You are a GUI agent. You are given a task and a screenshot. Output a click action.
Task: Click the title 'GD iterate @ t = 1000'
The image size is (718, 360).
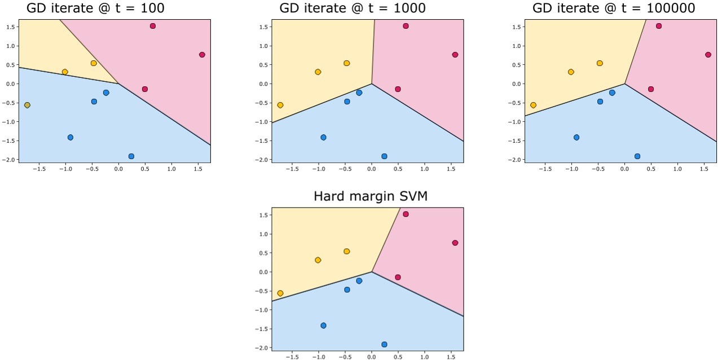[x=353, y=8]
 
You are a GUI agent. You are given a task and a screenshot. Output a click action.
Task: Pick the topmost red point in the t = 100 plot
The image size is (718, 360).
[x=153, y=26]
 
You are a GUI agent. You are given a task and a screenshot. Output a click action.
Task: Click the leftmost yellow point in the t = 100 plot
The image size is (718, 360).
[x=27, y=105]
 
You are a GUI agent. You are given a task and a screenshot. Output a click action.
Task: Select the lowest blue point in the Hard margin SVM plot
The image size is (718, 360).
[x=384, y=344]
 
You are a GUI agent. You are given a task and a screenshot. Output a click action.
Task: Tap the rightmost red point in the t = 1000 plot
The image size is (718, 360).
[x=455, y=55]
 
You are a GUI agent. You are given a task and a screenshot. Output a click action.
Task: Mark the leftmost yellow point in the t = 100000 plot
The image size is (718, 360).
[x=534, y=105]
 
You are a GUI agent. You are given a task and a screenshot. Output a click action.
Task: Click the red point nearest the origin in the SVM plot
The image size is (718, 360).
[x=398, y=277]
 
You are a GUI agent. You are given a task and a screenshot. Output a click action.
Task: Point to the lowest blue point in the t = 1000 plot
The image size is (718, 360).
[x=384, y=156]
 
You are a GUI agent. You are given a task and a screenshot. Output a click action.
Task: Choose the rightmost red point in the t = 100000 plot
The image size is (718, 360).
[x=708, y=55]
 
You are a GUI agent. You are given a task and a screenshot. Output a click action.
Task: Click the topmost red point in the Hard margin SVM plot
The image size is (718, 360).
[x=406, y=214]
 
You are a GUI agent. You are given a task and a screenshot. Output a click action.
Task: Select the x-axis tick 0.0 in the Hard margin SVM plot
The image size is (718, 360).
[x=371, y=357]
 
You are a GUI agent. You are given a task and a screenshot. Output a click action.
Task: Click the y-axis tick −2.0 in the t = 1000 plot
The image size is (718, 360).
[x=261, y=160]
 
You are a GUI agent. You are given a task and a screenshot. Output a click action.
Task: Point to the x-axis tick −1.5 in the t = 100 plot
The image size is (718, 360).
[x=39, y=168]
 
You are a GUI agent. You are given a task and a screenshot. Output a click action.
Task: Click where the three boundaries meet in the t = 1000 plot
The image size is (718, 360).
[x=372, y=84]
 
